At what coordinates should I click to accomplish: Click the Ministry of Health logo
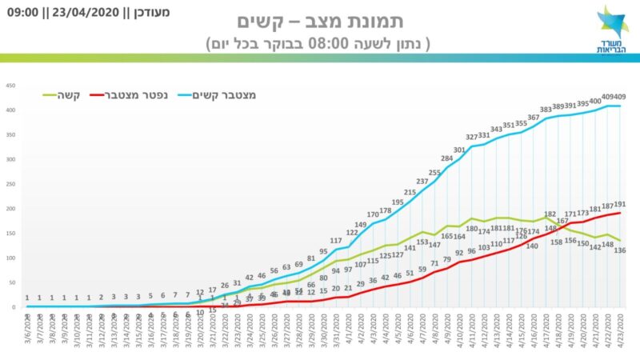tap(613, 30)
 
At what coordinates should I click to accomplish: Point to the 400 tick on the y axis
tap(11, 110)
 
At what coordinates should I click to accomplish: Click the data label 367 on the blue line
tap(534, 118)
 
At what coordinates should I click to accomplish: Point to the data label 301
tap(459, 150)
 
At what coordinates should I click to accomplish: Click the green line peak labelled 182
tap(550, 214)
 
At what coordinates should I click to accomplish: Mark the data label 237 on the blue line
tap(422, 182)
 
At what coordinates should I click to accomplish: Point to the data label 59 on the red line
tap(422, 270)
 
